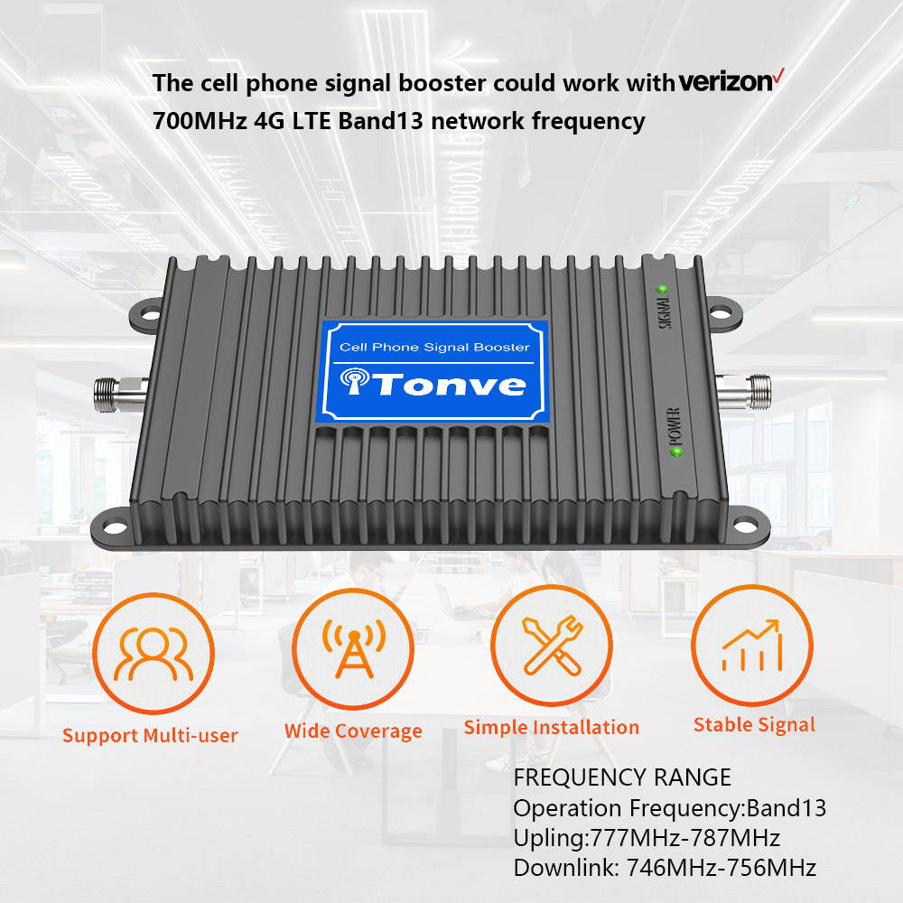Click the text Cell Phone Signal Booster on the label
(434, 347)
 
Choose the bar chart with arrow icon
(751, 645)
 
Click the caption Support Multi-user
(150, 735)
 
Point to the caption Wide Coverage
(353, 731)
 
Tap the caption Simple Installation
(551, 727)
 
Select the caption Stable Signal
(754, 724)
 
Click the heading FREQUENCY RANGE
(622, 777)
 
